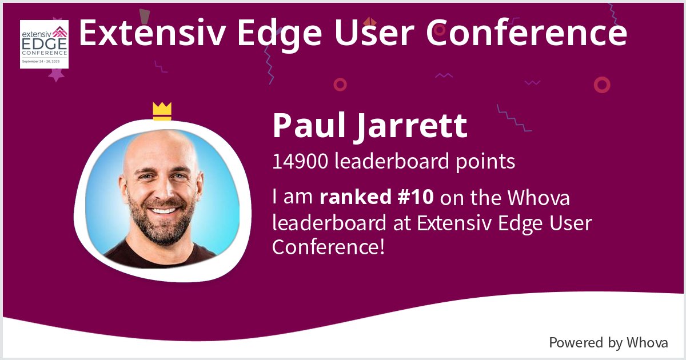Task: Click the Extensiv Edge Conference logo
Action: click(x=44, y=44)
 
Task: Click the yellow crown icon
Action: click(x=162, y=111)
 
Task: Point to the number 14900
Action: click(x=300, y=162)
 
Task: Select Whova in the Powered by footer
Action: click(x=647, y=343)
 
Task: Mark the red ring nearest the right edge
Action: click(x=602, y=85)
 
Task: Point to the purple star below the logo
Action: click(x=55, y=74)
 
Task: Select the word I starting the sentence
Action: click(x=275, y=198)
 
